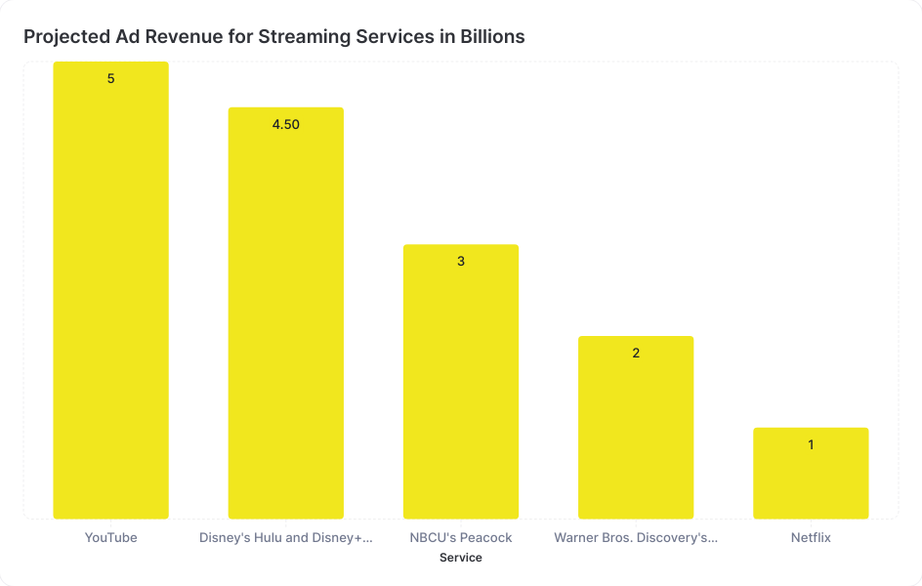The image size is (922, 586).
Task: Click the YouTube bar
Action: (110, 293)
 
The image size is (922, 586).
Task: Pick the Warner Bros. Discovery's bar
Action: (636, 430)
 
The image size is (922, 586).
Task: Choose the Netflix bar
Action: (811, 475)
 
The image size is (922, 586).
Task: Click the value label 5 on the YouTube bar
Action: (110, 78)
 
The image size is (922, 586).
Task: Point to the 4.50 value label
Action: (285, 124)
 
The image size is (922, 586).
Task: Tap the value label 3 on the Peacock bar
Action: (461, 262)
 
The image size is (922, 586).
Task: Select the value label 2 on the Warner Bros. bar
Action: (636, 353)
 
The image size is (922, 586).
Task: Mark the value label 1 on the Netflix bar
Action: (811, 444)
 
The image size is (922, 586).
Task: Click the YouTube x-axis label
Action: (110, 537)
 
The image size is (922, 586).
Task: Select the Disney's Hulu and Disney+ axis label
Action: (285, 537)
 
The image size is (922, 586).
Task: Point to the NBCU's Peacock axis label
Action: (461, 537)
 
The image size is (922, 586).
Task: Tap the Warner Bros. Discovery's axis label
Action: (636, 537)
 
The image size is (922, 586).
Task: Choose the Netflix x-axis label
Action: (811, 537)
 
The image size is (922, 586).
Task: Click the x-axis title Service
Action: (461, 558)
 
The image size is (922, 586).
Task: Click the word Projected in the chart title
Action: (62, 37)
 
